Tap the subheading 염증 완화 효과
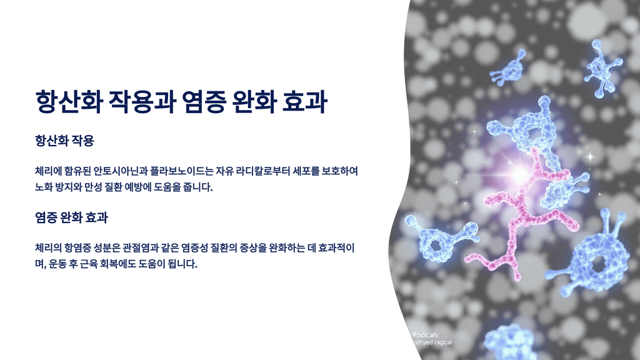(72, 218)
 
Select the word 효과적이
(337, 249)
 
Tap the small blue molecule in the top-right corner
(601, 66)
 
